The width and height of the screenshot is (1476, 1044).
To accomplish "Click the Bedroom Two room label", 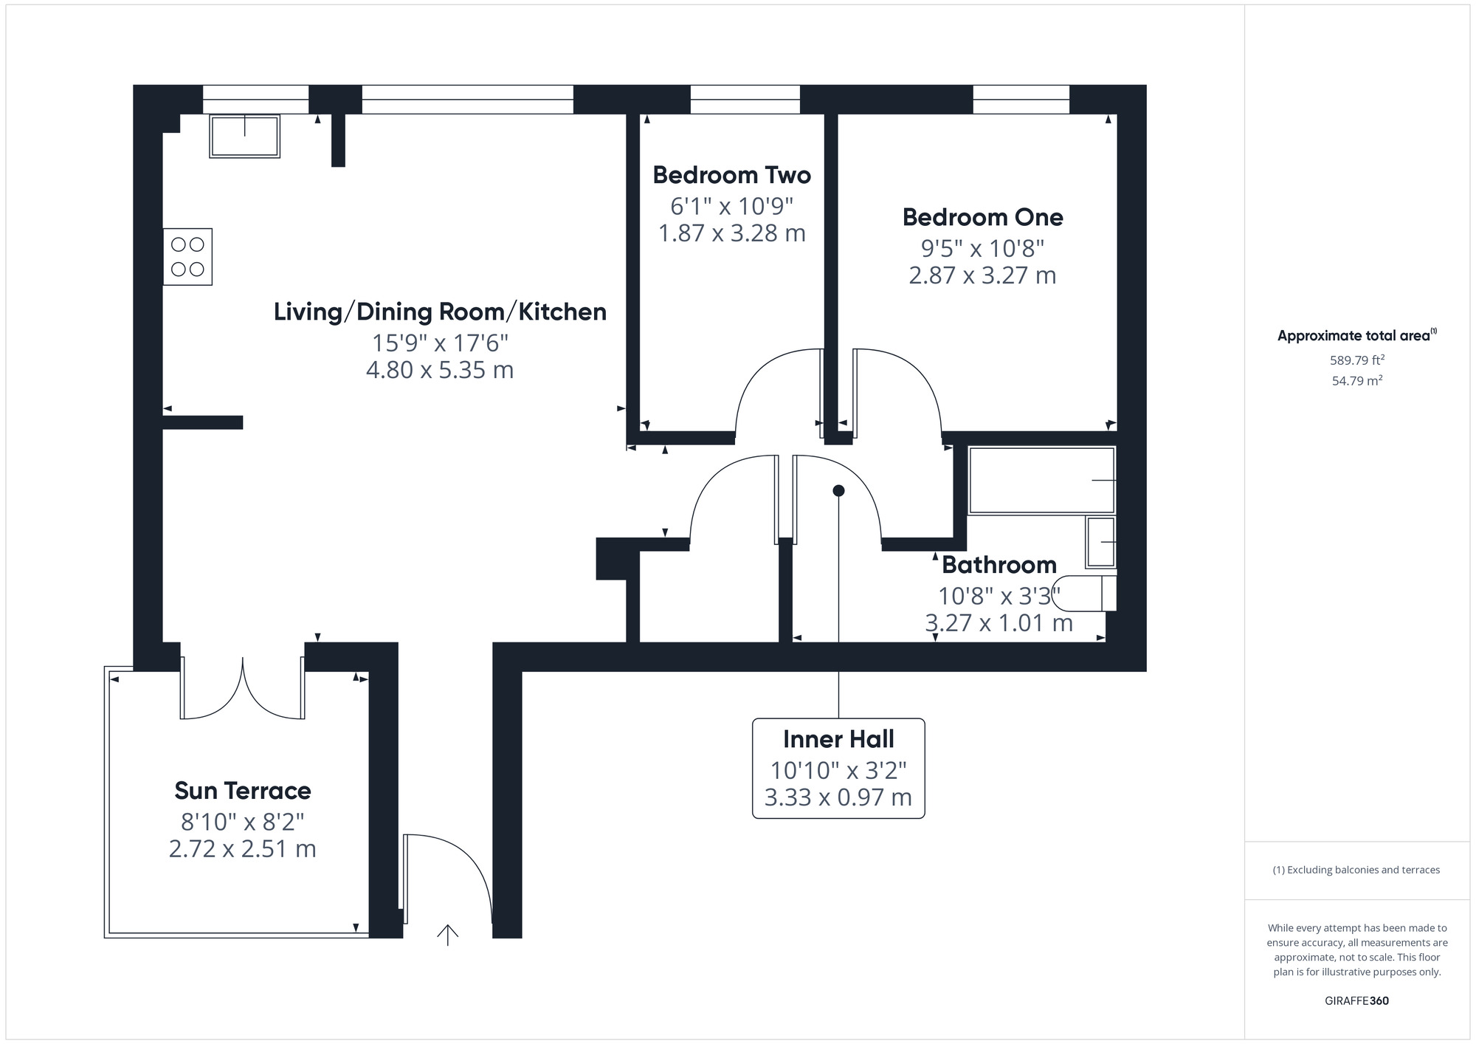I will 731,175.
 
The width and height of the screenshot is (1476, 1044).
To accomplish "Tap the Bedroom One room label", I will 982,217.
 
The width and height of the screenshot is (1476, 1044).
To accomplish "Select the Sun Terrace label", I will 243,791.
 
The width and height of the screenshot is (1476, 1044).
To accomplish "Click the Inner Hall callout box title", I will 838,739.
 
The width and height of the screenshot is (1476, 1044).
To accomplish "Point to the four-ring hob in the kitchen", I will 187,256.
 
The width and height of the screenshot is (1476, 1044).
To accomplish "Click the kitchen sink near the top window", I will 244,136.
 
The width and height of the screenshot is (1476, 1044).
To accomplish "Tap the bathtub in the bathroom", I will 1041,480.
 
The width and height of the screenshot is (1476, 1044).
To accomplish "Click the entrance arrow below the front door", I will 447,935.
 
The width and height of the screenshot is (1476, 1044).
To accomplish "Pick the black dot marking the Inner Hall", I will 838,490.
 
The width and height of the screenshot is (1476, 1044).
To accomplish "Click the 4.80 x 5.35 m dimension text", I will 440,369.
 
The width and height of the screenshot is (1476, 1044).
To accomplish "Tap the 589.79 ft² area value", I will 1356,360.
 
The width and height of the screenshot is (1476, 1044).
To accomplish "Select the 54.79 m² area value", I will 1356,381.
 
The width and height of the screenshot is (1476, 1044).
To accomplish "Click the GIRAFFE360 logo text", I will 1356,1001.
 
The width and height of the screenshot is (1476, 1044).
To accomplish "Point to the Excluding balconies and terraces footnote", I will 1356,870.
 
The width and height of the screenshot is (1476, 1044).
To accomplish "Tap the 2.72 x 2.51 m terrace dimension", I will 243,849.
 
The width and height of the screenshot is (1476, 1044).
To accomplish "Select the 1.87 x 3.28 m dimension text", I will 731,233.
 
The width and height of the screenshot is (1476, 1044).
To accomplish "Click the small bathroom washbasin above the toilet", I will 1100,542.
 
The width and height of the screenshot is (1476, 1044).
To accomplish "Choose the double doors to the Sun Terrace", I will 243,688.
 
